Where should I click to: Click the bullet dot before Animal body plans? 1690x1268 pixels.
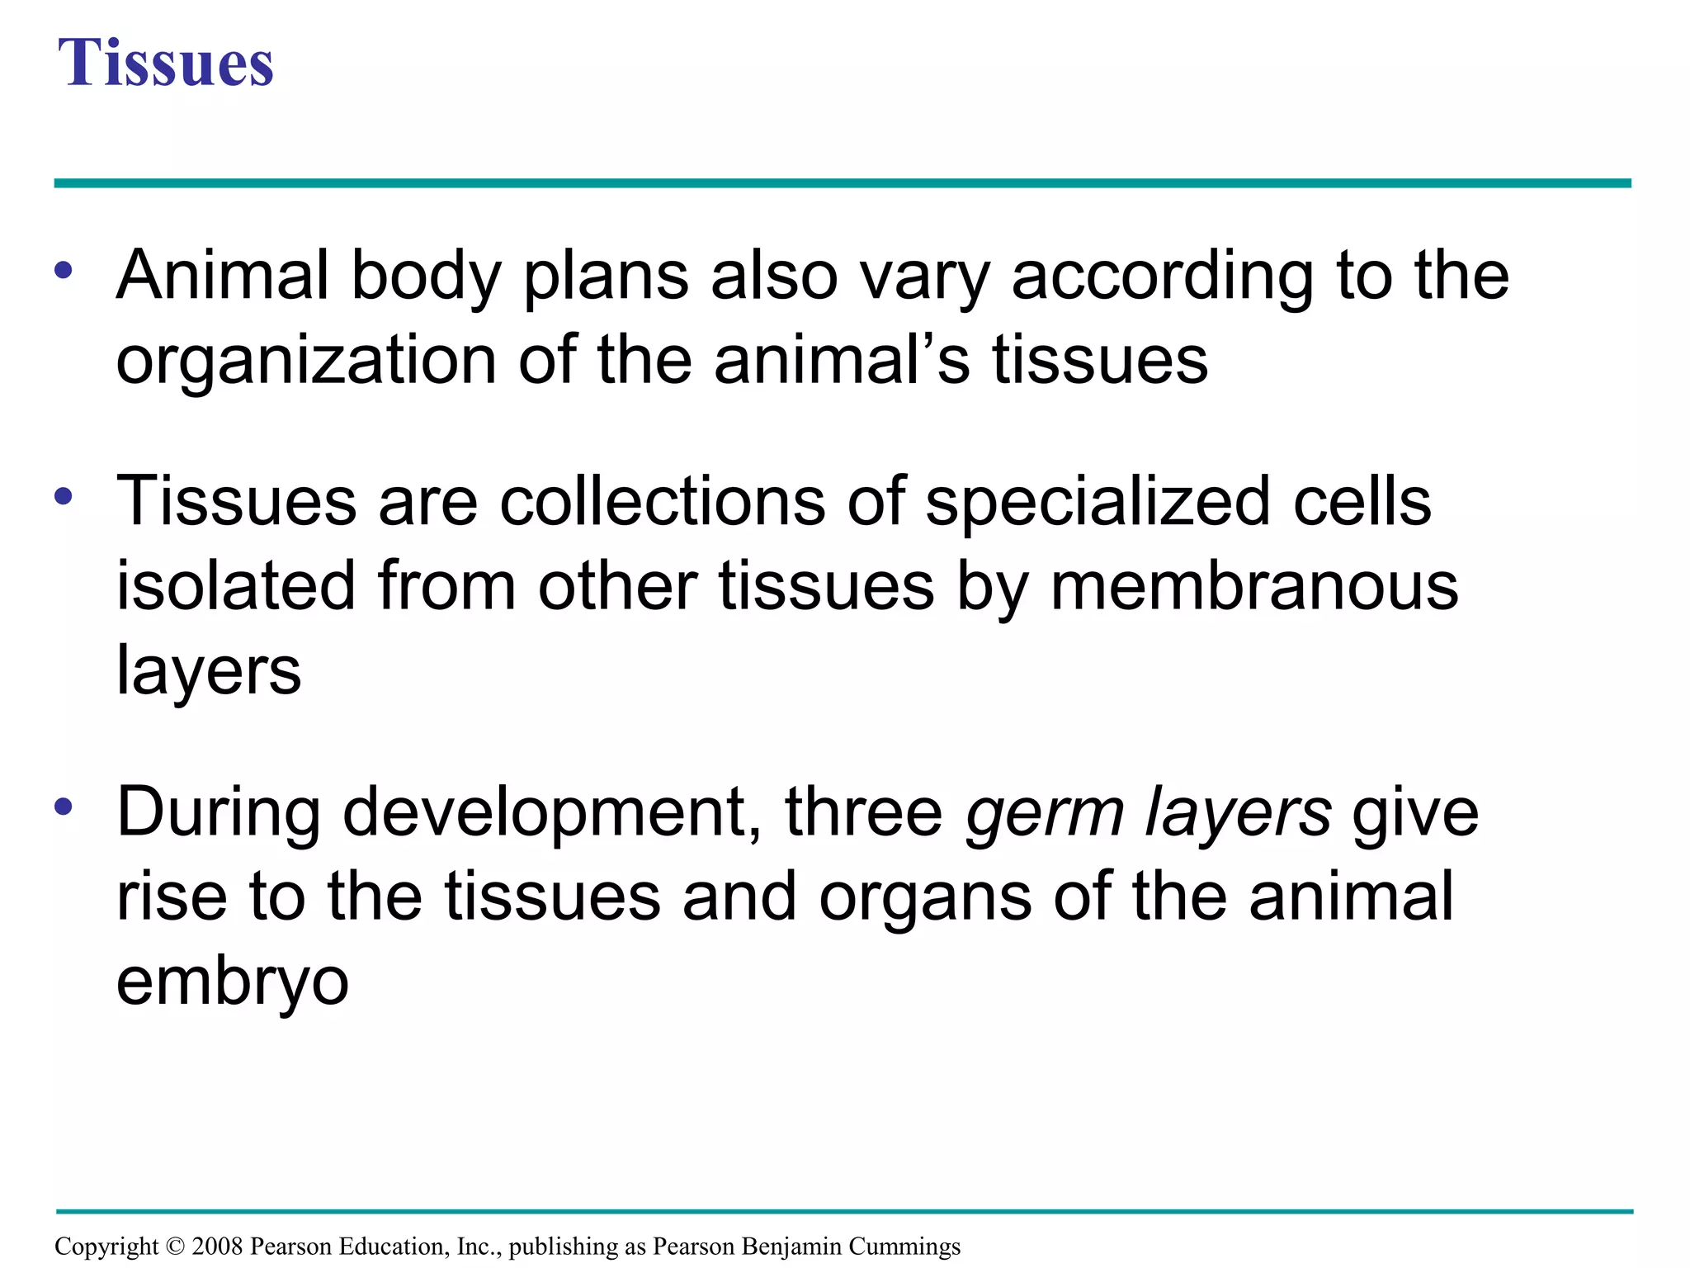[64, 270]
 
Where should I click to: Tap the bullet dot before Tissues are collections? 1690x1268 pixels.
[64, 496]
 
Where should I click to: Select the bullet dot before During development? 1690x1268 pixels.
[64, 807]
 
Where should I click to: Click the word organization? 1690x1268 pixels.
[306, 362]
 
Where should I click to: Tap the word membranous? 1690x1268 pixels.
[1254, 586]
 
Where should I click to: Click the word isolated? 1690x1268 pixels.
[236, 586]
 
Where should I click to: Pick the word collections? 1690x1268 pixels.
[662, 503]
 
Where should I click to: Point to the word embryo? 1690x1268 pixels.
[233, 983]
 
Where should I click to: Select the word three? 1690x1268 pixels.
[864, 812]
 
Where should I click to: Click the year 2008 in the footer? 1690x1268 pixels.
[218, 1246]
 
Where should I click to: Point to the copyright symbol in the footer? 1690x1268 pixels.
[175, 1246]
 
